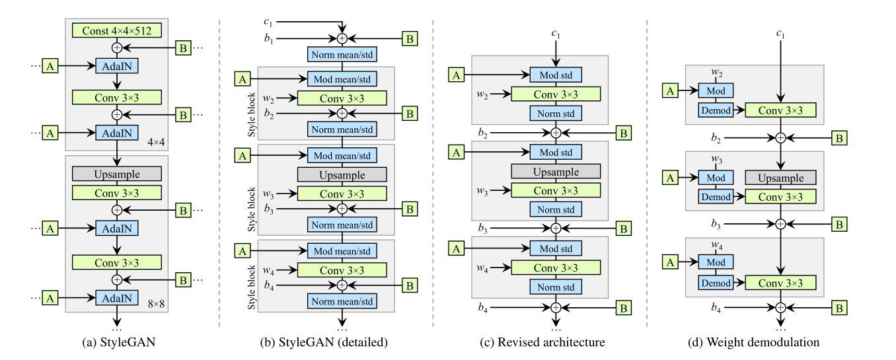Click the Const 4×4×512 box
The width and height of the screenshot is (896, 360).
tap(117, 30)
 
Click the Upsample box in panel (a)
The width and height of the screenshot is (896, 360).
tap(117, 173)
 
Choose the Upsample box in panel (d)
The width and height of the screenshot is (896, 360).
tap(780, 178)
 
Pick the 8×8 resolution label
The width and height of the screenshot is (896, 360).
tap(152, 299)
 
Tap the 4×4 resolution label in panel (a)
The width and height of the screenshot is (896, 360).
tap(152, 140)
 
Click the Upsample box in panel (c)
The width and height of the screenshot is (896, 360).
tap(555, 171)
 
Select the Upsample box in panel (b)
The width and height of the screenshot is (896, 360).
tap(342, 174)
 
